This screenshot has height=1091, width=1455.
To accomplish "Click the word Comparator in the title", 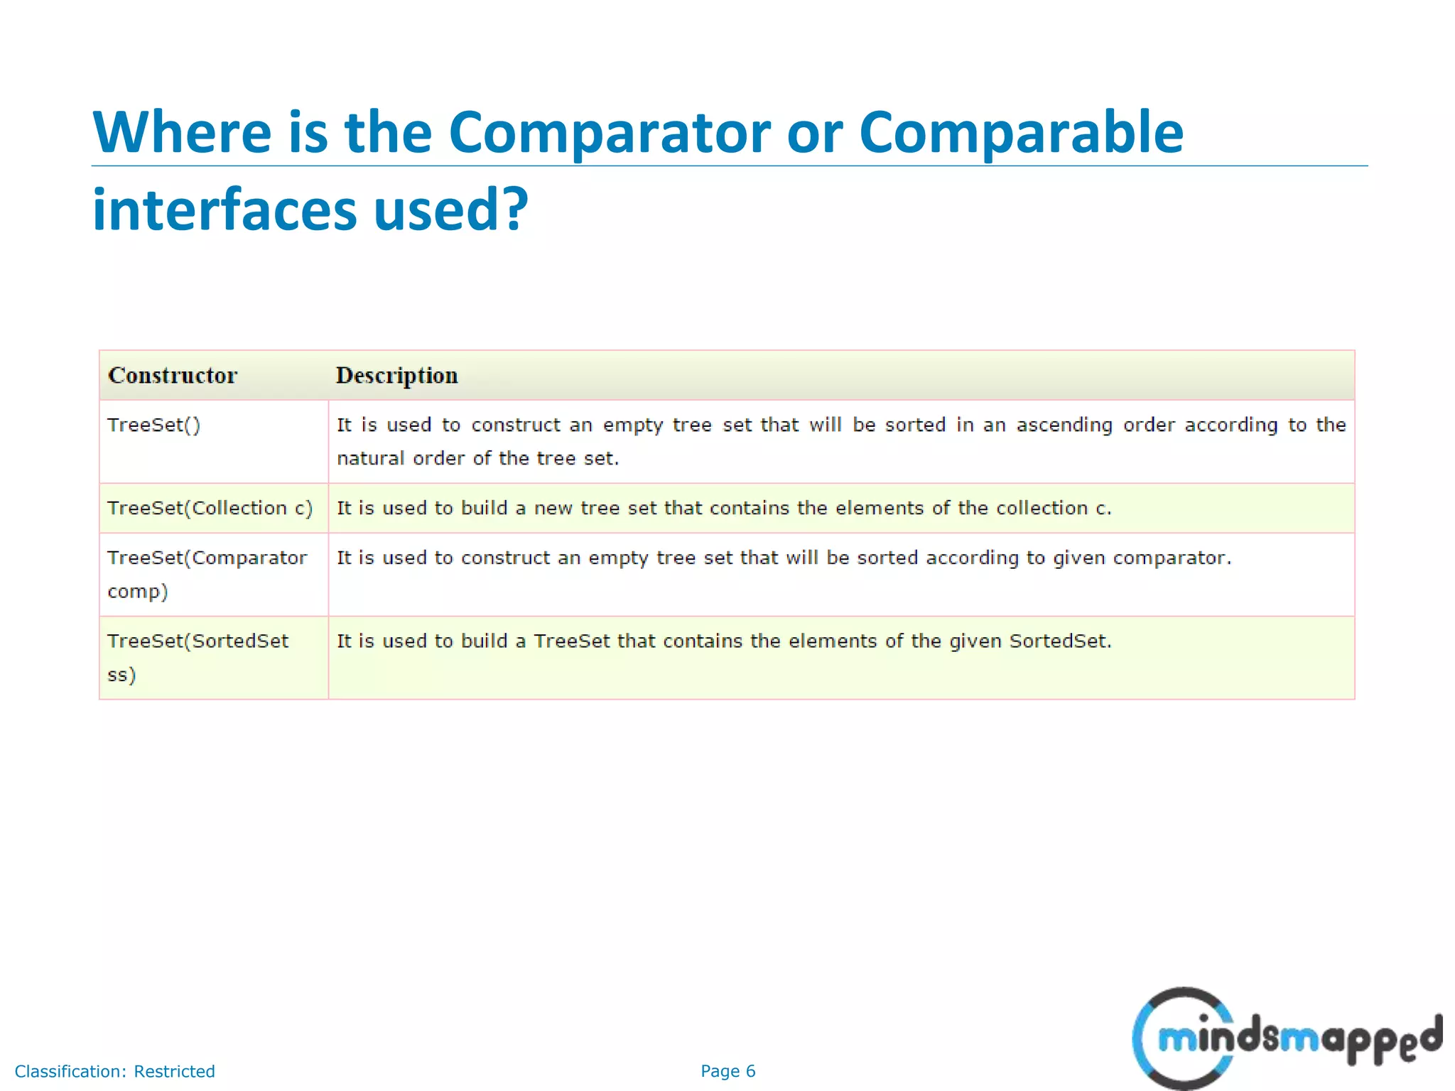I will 609,133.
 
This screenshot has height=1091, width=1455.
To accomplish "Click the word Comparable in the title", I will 1021,133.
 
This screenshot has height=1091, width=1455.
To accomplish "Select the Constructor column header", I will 173,375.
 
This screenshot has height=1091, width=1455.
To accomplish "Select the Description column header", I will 396,375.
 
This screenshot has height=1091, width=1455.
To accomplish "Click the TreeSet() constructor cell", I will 154,425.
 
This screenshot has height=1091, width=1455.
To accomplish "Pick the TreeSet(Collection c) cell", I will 210,509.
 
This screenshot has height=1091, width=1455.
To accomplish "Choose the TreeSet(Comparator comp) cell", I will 207,574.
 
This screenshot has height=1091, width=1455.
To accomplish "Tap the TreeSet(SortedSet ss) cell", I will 198,656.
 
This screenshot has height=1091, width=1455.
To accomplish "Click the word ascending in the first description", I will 1064,425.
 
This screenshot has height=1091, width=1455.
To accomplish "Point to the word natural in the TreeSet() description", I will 370,459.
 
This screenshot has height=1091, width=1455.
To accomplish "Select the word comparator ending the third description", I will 1171,558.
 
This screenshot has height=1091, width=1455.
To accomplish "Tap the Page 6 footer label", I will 727,1071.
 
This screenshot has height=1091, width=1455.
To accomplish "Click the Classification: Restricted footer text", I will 114,1071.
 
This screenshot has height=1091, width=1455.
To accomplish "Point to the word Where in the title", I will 182,133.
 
